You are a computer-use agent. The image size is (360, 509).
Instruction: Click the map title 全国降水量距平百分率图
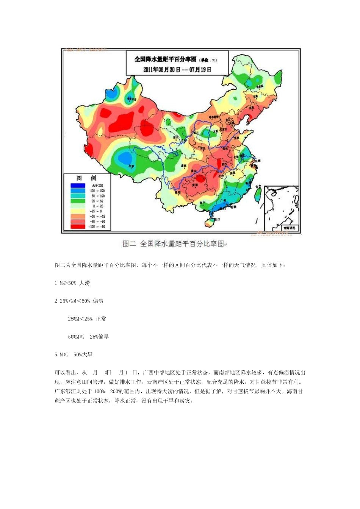click(166, 59)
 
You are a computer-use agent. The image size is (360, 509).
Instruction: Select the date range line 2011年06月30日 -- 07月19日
click(177, 70)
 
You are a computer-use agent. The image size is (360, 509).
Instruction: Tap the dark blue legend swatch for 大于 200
click(77, 186)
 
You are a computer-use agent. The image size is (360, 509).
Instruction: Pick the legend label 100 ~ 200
click(97, 191)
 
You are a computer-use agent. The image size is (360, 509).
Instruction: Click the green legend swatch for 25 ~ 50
click(77, 201)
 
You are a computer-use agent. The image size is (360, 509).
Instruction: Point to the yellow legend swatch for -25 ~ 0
click(77, 211)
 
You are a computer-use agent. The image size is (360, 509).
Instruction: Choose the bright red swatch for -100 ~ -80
click(77, 226)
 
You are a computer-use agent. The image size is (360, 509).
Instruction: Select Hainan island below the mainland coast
click(210, 222)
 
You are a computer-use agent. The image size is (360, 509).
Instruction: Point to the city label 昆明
click(177, 192)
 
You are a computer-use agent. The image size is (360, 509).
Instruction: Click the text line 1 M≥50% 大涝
click(72, 283)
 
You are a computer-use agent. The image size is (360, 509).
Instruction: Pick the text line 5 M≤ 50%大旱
click(74, 354)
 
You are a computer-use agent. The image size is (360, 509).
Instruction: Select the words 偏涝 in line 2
click(98, 301)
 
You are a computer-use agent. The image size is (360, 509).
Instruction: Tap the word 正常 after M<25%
click(101, 319)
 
